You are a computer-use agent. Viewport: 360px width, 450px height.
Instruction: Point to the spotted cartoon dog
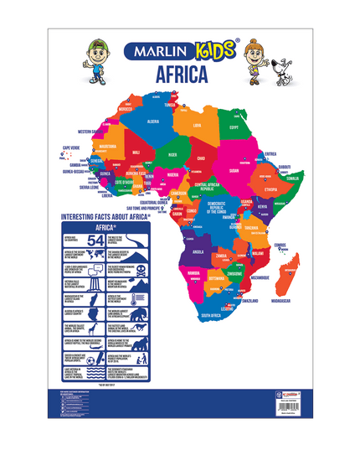coord(272,66)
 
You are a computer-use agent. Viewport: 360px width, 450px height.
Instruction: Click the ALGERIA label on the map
coord(153,121)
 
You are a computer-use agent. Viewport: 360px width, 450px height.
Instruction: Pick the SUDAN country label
coord(234,168)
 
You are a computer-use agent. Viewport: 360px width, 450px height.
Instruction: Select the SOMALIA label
coord(291,178)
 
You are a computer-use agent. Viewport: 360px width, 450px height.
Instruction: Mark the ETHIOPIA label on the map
coord(270,190)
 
